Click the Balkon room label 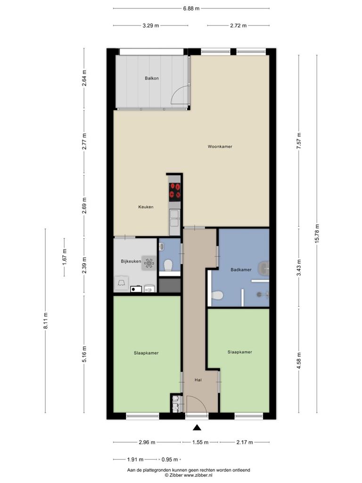click(152, 78)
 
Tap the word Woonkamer click(220, 147)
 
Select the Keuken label click(146, 207)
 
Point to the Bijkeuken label click(131, 261)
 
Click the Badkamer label click(241, 269)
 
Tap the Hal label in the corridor click(198, 380)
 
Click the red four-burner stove click(175, 191)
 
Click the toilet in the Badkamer click(217, 295)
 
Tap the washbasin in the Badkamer click(264, 268)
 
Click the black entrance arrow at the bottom click(197, 427)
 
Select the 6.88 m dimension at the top click(191, 8)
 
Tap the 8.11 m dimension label click(46, 321)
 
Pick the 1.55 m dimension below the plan click(200, 442)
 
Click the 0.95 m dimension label click(170, 459)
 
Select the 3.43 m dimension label click(299, 268)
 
